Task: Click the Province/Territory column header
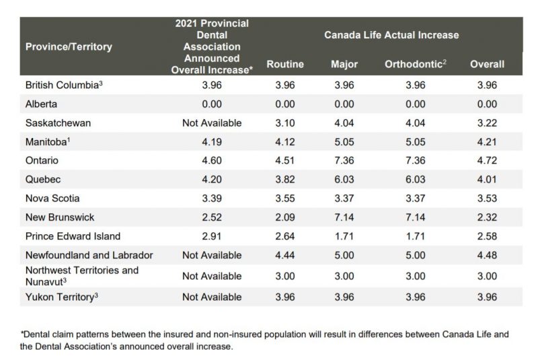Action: point(69,47)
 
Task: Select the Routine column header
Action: point(285,65)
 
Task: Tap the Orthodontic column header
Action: point(416,65)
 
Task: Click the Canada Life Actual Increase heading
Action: point(391,34)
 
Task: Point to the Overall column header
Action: point(487,65)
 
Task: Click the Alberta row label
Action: point(41,104)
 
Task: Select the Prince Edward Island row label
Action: point(73,236)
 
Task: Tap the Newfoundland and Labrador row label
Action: point(89,256)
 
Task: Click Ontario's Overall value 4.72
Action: point(487,161)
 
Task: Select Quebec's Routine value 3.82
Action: point(285,180)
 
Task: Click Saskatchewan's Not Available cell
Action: point(212,123)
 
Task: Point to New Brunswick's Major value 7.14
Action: point(344,217)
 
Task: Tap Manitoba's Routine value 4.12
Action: point(285,142)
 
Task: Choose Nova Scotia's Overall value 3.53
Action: point(487,199)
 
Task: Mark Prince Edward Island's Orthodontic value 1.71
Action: point(416,236)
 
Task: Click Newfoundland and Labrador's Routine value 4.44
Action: point(285,256)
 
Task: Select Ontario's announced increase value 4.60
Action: point(212,161)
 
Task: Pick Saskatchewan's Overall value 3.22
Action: point(487,123)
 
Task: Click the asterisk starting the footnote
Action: point(22,332)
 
